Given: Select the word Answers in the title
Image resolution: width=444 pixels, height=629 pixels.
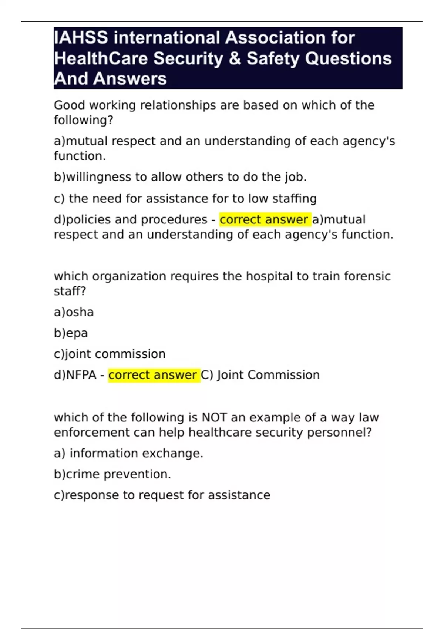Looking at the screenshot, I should point(130,79).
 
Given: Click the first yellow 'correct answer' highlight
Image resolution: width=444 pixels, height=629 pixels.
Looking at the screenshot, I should point(264,219).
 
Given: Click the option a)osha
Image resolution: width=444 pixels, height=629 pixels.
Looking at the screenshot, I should point(74,312).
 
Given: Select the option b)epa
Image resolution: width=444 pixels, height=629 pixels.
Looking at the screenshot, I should point(71,333).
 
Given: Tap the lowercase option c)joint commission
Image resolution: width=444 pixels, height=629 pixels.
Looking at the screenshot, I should point(110,354).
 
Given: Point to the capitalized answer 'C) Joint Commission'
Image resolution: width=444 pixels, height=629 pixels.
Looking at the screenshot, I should point(260,375).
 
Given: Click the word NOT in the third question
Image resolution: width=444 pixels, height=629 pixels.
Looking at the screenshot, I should point(214,417).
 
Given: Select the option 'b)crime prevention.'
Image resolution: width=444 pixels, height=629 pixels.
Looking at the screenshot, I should point(112,474).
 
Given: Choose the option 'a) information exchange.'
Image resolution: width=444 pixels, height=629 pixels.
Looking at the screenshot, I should point(128,453).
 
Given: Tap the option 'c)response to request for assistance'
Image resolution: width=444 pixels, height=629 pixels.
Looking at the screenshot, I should point(162,495).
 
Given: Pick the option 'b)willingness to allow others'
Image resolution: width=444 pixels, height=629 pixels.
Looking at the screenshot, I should point(180,177).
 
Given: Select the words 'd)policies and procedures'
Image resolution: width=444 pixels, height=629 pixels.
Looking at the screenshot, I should point(131,219).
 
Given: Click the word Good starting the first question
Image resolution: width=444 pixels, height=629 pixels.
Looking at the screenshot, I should point(69,105).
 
